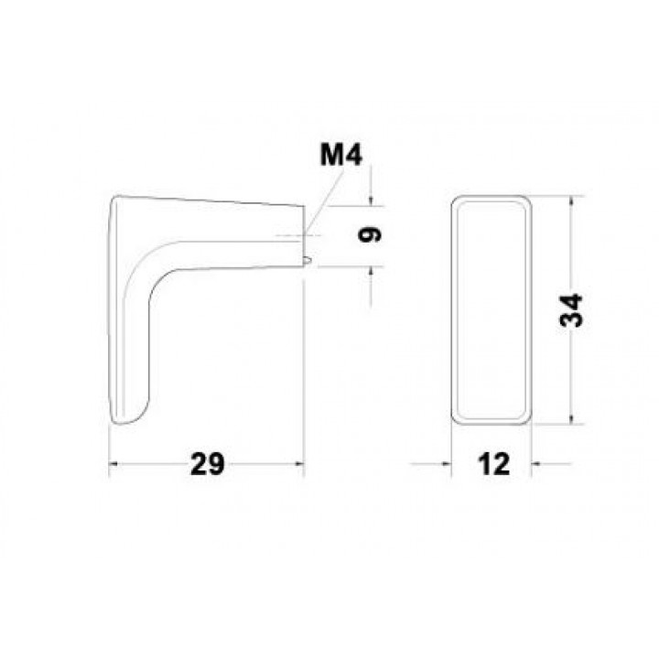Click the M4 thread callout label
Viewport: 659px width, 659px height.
[x=340, y=155]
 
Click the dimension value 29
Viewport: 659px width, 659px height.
[x=208, y=464]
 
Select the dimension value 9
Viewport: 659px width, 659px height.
[x=370, y=234]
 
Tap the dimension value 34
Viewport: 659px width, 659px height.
[x=571, y=310]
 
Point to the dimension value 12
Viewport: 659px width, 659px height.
[x=493, y=464]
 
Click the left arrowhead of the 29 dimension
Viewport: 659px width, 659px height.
[x=113, y=464]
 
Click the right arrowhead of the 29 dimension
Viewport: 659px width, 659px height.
[x=298, y=464]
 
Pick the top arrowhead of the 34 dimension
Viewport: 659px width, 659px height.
[x=571, y=201]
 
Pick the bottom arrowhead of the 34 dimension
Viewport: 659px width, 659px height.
[x=571, y=418]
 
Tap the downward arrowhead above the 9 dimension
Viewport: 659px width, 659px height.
[x=371, y=201]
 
